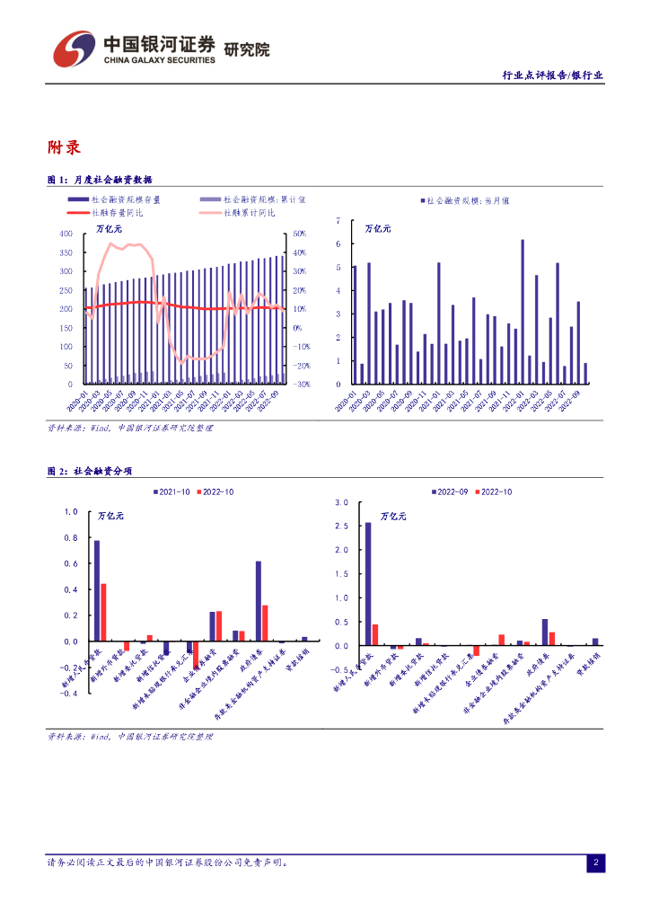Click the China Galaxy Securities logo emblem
[x=73, y=50]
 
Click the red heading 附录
[x=64, y=147]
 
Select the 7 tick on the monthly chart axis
[x=338, y=220]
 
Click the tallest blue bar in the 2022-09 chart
[x=368, y=584]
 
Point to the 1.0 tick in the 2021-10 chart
[x=70, y=512]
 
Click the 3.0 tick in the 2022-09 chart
[x=340, y=503]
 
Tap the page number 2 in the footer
[x=595, y=863]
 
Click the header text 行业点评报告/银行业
[x=552, y=76]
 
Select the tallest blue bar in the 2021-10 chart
[x=97, y=590]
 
